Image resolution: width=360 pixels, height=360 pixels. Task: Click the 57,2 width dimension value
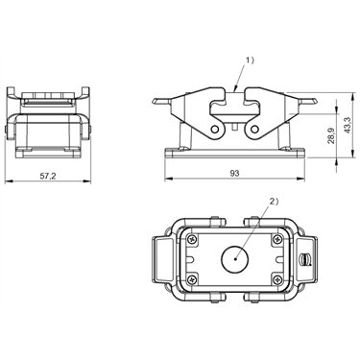[x=48, y=176]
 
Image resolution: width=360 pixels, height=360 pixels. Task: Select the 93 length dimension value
[x=234, y=173]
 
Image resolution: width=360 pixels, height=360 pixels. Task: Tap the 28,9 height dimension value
[x=331, y=135]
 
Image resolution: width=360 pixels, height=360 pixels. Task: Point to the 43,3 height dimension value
[x=348, y=125]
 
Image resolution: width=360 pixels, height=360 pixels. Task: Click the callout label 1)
[x=250, y=60]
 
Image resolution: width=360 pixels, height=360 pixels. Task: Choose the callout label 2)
[x=275, y=202]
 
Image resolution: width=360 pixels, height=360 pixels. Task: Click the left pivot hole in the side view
[x=215, y=130]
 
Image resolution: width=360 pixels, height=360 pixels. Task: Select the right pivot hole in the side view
[x=254, y=130]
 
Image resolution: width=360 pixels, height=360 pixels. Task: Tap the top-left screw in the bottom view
[x=192, y=239]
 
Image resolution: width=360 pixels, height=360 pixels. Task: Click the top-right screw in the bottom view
[x=277, y=239]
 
